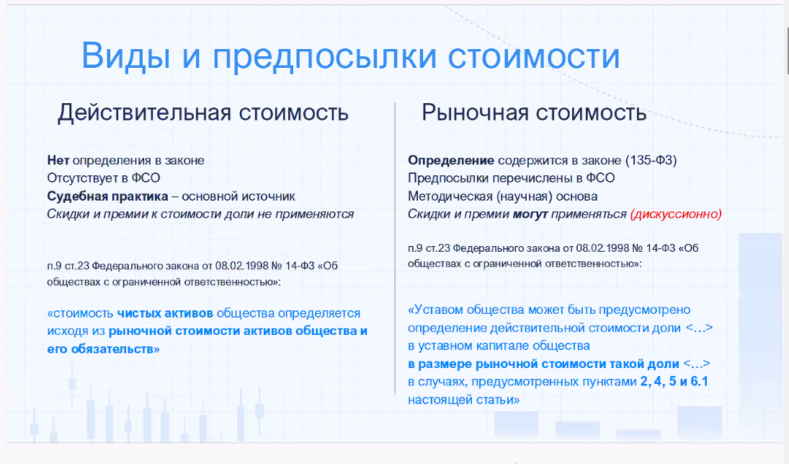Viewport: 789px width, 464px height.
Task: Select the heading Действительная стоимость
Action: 203,113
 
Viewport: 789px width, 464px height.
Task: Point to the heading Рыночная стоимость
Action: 534,113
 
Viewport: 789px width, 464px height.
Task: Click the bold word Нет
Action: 58,160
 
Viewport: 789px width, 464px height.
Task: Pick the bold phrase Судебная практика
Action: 107,196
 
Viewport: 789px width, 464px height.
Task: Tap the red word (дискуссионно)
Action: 675,214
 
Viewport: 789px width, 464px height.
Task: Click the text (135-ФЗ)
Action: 651,160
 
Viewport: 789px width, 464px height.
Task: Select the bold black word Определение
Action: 451,160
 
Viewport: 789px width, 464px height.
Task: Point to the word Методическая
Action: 448,196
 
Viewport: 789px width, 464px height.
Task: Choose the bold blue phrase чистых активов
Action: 165,314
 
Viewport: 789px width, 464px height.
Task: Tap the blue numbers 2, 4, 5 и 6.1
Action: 674,382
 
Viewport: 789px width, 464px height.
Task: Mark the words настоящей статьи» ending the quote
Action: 464,399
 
